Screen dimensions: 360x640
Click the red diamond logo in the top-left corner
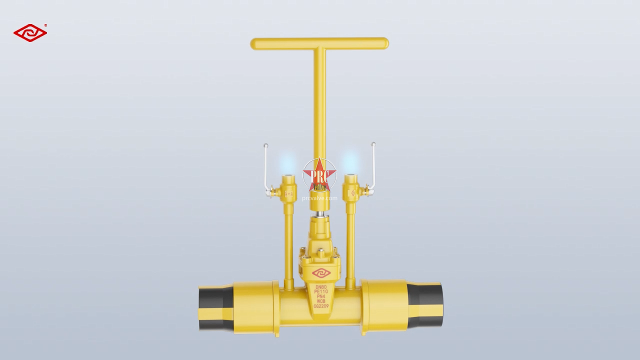pos(30,33)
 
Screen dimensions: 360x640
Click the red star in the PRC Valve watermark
pos(319,175)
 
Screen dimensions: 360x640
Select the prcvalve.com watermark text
pos(319,198)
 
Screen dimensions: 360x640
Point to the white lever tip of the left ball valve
pos(266,145)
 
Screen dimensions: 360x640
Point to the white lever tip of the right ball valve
pos(373,144)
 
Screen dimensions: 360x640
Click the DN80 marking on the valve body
pos(320,287)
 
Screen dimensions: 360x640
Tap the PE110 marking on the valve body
pos(320,291)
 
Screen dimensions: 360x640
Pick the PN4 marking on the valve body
pos(320,296)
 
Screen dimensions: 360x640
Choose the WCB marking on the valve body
pos(320,301)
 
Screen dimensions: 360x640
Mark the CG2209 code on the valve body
pos(320,306)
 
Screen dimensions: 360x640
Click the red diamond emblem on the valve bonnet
pos(321,273)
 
